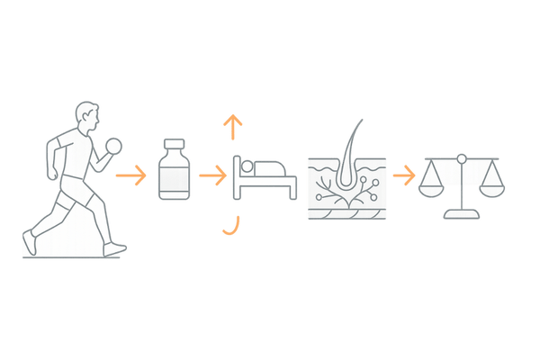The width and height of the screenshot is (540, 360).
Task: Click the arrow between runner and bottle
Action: (133, 175)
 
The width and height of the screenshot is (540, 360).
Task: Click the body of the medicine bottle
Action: (174, 178)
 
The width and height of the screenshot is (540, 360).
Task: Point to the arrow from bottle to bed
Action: (212, 175)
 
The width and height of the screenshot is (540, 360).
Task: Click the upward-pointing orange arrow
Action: (234, 127)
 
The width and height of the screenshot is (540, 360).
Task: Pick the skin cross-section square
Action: (346, 189)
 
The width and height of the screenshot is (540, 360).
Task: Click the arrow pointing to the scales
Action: (404, 175)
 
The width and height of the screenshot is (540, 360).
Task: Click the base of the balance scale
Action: (463, 215)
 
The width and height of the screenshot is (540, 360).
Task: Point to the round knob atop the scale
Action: (463, 159)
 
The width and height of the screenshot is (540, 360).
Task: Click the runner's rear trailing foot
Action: (29, 243)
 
